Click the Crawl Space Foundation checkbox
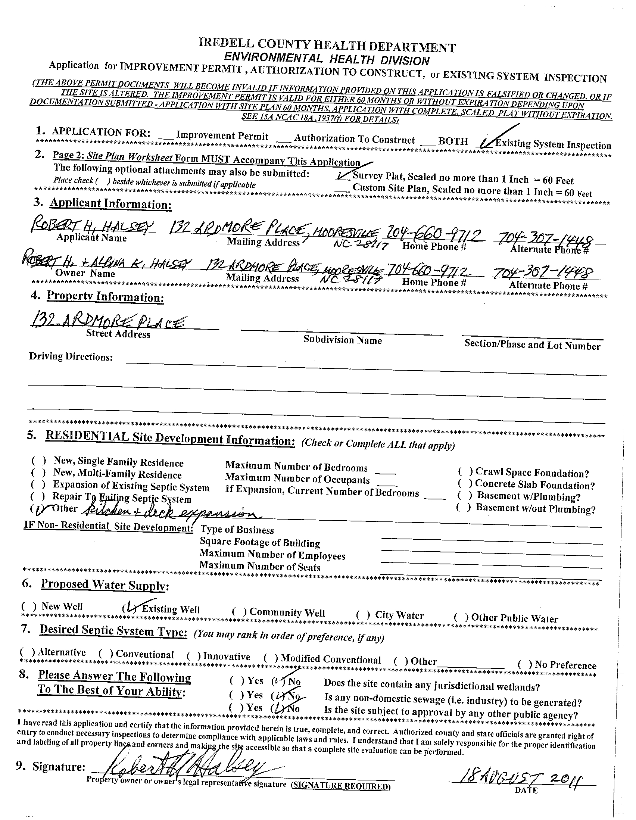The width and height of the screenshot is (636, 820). (465, 471)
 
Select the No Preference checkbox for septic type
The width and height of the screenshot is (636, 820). (525, 665)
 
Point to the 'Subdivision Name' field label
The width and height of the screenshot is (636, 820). (342, 340)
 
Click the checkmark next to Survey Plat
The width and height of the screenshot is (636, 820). (342, 175)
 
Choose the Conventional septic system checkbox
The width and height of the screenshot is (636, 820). (106, 654)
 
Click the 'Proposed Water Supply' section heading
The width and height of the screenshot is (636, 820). (105, 585)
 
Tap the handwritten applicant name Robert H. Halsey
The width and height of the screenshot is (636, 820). (92, 227)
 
